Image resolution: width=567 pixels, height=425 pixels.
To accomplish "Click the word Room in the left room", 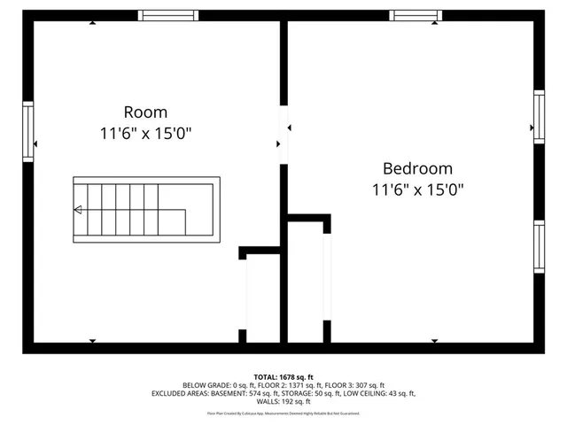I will pos(145,112).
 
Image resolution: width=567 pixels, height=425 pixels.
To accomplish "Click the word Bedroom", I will pos(417,168).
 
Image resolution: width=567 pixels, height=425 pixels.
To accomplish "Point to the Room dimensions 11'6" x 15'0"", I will pos(145,134).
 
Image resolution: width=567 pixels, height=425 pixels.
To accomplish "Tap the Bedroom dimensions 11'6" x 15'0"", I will pos(417,189).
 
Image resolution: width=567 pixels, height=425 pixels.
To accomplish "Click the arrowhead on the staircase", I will pos(78,210).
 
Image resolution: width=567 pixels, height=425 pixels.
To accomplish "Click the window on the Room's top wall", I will pos(168,15).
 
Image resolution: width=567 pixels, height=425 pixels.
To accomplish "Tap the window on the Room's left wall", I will pos(28,131).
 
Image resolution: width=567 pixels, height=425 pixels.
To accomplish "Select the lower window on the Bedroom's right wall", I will pos(539,247).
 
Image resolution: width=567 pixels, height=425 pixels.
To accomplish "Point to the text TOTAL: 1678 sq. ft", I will pos(283,377).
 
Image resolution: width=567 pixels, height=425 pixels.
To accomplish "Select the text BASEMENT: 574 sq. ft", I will pos(245,394).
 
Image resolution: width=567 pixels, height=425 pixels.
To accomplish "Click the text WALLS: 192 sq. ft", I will pos(283,402).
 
